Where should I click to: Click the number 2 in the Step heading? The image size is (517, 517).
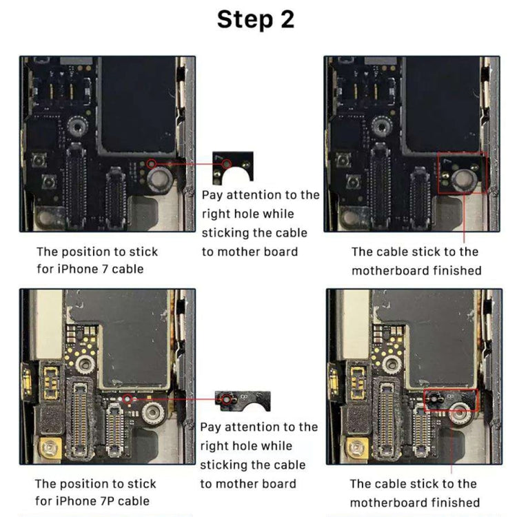(x=285, y=19)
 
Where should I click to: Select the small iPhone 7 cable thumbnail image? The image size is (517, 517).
(x=233, y=168)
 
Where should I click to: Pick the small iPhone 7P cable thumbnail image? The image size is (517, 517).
(x=241, y=399)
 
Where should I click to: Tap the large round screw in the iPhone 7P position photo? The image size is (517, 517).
(x=153, y=414)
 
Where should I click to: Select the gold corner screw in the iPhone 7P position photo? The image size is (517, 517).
(x=48, y=449)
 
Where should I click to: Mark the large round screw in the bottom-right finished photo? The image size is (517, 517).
(x=458, y=415)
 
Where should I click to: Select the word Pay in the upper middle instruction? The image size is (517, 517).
(x=214, y=195)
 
